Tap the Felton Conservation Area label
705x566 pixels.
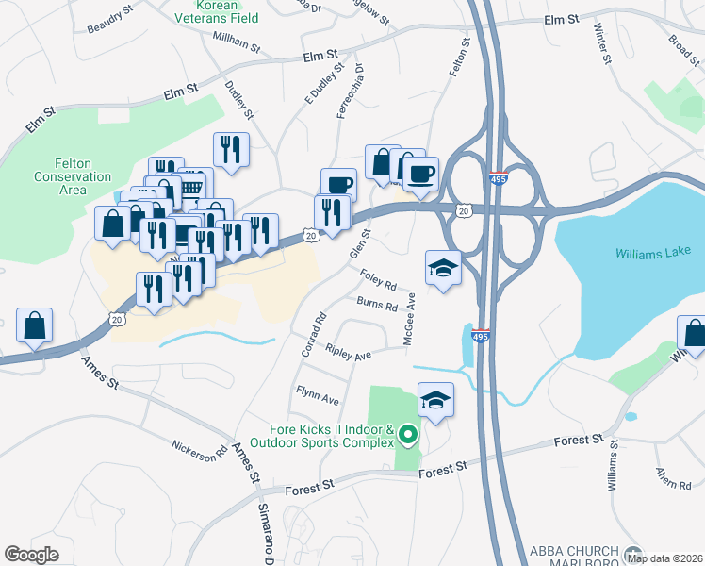(73, 176)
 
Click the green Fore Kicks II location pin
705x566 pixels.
(408, 436)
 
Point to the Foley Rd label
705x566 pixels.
(378, 280)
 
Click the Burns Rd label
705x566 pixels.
(377, 306)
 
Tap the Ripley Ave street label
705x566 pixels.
(349, 354)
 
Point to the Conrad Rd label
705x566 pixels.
(313, 335)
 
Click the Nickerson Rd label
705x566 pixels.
(200, 450)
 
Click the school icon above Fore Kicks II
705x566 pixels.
(435, 399)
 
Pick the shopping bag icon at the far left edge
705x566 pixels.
(34, 326)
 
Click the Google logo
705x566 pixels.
(31, 555)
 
